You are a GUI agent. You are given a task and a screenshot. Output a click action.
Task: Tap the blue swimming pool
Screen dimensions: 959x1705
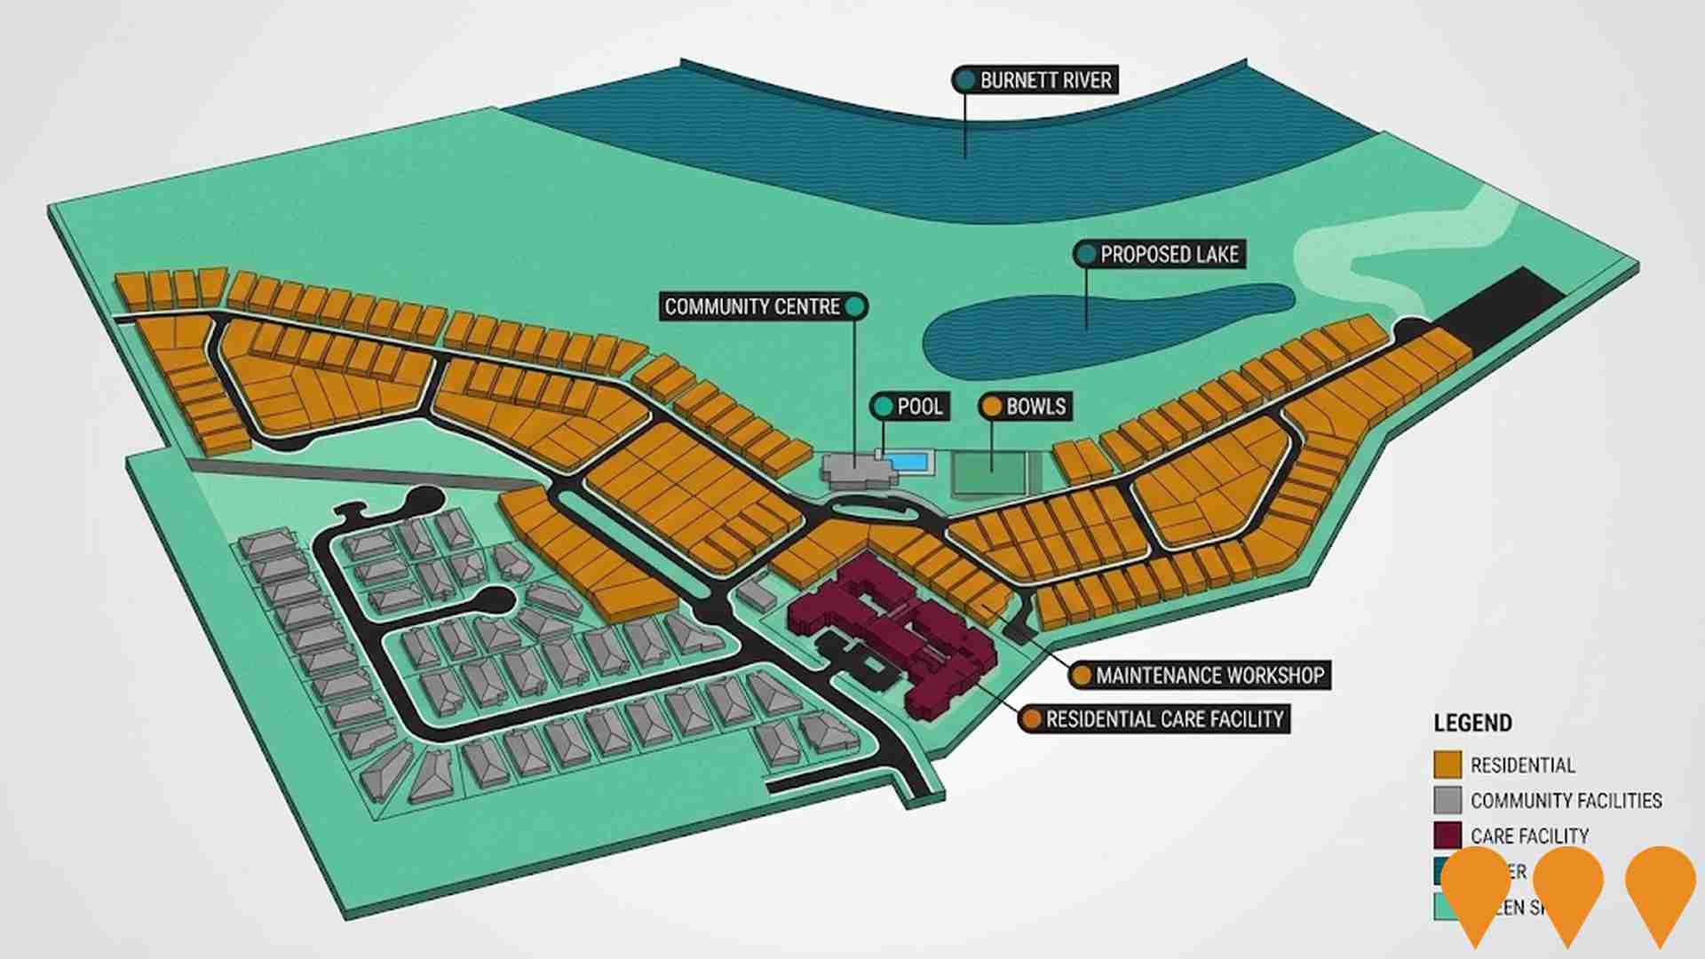(908, 462)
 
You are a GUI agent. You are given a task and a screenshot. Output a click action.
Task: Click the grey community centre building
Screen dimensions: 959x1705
(852, 470)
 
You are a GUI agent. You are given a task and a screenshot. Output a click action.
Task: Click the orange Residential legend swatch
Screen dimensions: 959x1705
(1447, 765)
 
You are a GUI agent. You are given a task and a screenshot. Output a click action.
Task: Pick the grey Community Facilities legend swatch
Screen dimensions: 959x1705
(1447, 800)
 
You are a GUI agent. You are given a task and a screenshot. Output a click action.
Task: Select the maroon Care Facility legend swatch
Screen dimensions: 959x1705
(1447, 836)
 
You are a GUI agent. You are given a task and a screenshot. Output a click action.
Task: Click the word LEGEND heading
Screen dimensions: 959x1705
(1472, 723)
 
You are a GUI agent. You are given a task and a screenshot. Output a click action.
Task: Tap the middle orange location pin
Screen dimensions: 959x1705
(1567, 888)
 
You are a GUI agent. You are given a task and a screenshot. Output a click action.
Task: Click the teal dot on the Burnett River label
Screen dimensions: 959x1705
(964, 80)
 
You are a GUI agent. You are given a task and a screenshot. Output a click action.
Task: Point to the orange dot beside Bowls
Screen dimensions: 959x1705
(991, 407)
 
